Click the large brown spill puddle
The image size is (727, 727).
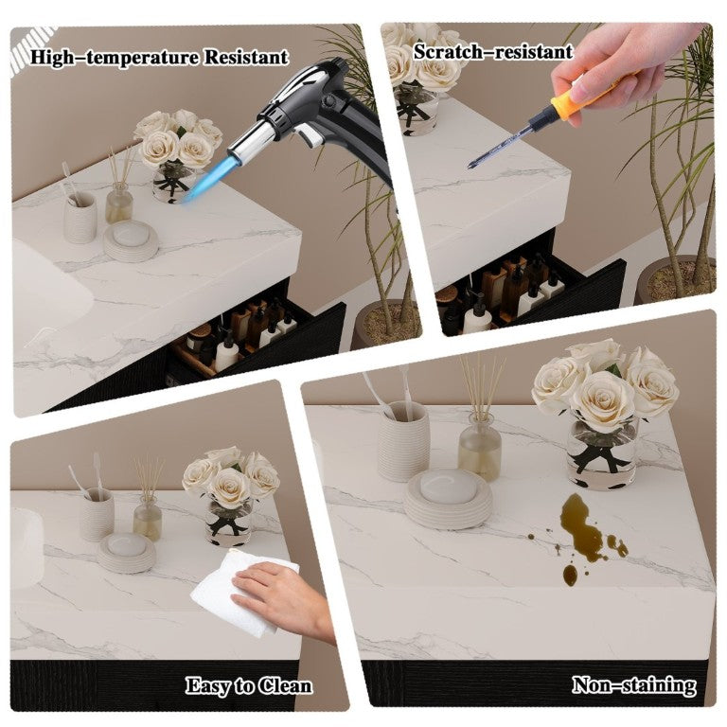[580, 528]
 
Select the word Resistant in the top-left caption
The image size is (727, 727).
[246, 58]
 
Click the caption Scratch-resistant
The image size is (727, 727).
[493, 51]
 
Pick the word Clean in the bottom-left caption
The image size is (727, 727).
[285, 685]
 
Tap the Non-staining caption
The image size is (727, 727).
[634, 684]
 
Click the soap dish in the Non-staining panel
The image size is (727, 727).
[448, 499]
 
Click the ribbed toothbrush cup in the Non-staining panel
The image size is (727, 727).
[403, 441]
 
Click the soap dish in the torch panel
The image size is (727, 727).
[131, 241]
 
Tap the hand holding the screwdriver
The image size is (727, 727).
[616, 65]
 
